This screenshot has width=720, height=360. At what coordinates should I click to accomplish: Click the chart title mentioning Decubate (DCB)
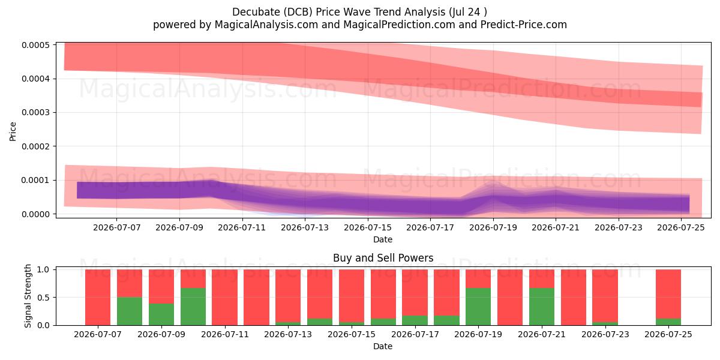359,12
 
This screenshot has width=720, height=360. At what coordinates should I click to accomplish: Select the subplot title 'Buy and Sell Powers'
383,258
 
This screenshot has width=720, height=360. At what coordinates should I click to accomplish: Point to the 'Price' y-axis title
13,131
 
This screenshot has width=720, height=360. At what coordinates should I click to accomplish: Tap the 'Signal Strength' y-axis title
28,296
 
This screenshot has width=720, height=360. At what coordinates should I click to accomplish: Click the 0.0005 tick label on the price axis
35,45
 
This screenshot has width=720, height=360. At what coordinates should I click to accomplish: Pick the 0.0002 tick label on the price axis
35,146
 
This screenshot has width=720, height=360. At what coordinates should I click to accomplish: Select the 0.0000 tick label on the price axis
35,214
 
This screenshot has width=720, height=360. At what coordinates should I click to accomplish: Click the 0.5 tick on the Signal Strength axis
43,298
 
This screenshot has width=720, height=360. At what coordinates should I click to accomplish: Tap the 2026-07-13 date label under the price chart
305,227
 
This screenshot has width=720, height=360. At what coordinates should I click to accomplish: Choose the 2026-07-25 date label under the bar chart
668,334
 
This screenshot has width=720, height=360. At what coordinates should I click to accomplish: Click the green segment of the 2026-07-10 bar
193,307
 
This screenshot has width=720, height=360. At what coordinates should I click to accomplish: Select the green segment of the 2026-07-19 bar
478,307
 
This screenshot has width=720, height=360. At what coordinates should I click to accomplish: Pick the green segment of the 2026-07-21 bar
542,307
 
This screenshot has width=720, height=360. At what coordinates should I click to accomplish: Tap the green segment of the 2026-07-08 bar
130,311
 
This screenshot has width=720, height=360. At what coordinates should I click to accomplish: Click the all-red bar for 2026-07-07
98,298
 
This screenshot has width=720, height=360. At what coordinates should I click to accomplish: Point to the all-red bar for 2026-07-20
510,298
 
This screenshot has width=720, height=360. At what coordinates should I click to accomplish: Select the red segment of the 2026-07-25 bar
668,294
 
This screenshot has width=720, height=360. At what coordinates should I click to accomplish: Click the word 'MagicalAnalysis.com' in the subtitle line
266,25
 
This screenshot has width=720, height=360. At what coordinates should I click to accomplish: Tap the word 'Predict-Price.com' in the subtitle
524,25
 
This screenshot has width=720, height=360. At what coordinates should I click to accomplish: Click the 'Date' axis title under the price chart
383,239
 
